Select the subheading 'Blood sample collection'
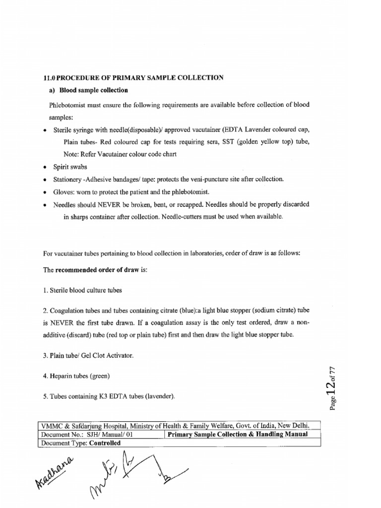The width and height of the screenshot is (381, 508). [x=94, y=90]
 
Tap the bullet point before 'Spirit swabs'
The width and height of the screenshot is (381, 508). [x=45, y=168]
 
